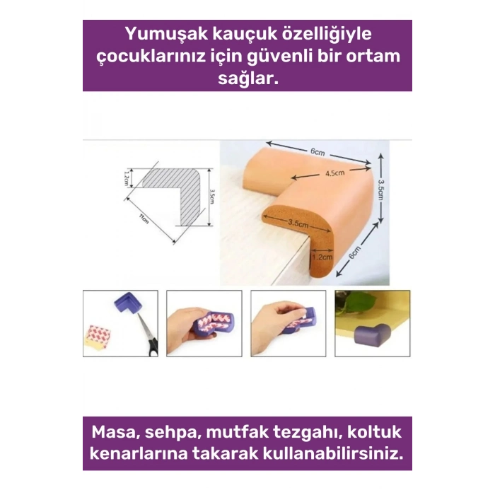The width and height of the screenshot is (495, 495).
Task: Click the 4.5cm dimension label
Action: click(334, 173)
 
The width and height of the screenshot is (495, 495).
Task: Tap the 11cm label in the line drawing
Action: click(144, 219)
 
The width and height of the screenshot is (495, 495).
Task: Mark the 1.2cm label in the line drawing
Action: click(127, 176)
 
